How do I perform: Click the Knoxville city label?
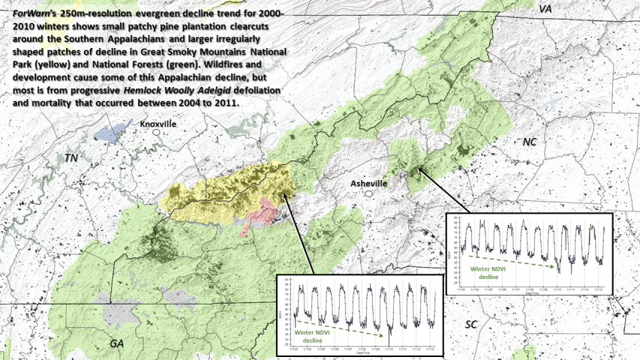[158, 124]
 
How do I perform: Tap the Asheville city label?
[369, 183]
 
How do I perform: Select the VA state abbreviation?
[545, 8]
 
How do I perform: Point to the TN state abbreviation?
[71, 158]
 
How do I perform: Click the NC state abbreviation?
[530, 142]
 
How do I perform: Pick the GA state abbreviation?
[116, 343]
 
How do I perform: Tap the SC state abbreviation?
[471, 324]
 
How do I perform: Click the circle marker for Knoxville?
[157, 133]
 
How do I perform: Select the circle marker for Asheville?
[369, 193]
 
